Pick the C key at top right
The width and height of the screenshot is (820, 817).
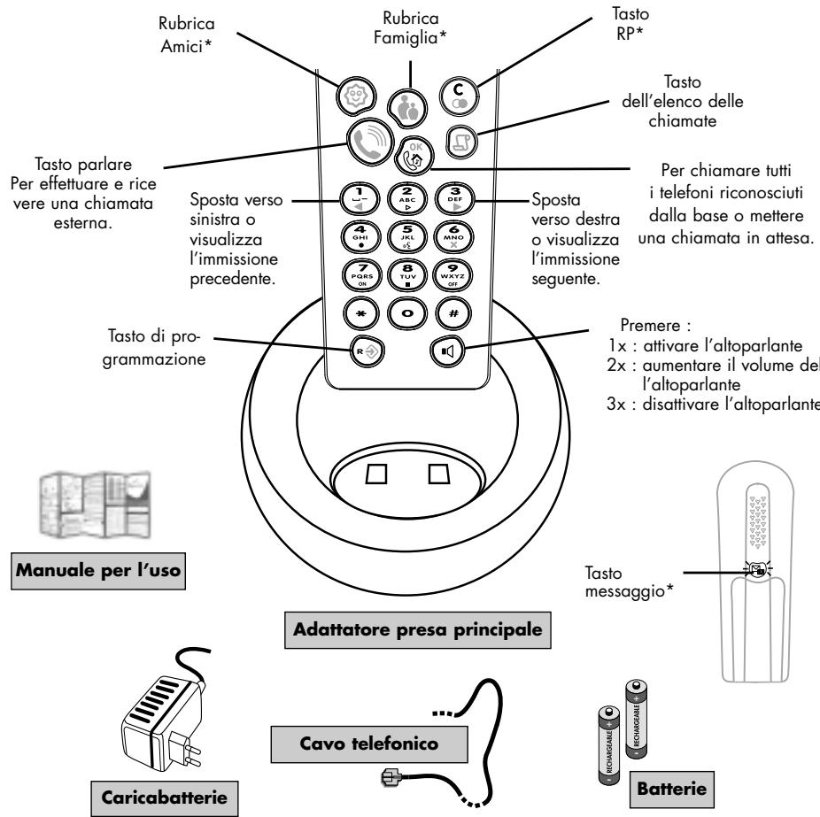pos(459,94)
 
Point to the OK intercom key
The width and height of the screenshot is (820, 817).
pos(414,157)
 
